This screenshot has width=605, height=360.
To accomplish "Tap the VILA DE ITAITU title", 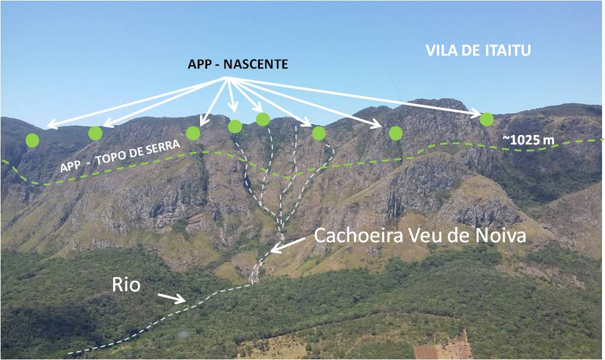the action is [x=478, y=51].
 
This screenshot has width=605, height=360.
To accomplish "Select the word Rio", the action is [x=126, y=285].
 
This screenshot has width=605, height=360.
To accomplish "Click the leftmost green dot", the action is [x=33, y=140].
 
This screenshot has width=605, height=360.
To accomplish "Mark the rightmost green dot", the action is [x=487, y=119].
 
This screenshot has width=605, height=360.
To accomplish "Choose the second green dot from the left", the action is [x=95, y=133].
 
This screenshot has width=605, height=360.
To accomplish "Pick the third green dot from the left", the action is [x=193, y=133].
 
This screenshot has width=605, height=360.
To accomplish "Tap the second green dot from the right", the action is [x=396, y=133].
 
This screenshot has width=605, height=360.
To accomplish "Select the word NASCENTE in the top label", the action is [x=261, y=64].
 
